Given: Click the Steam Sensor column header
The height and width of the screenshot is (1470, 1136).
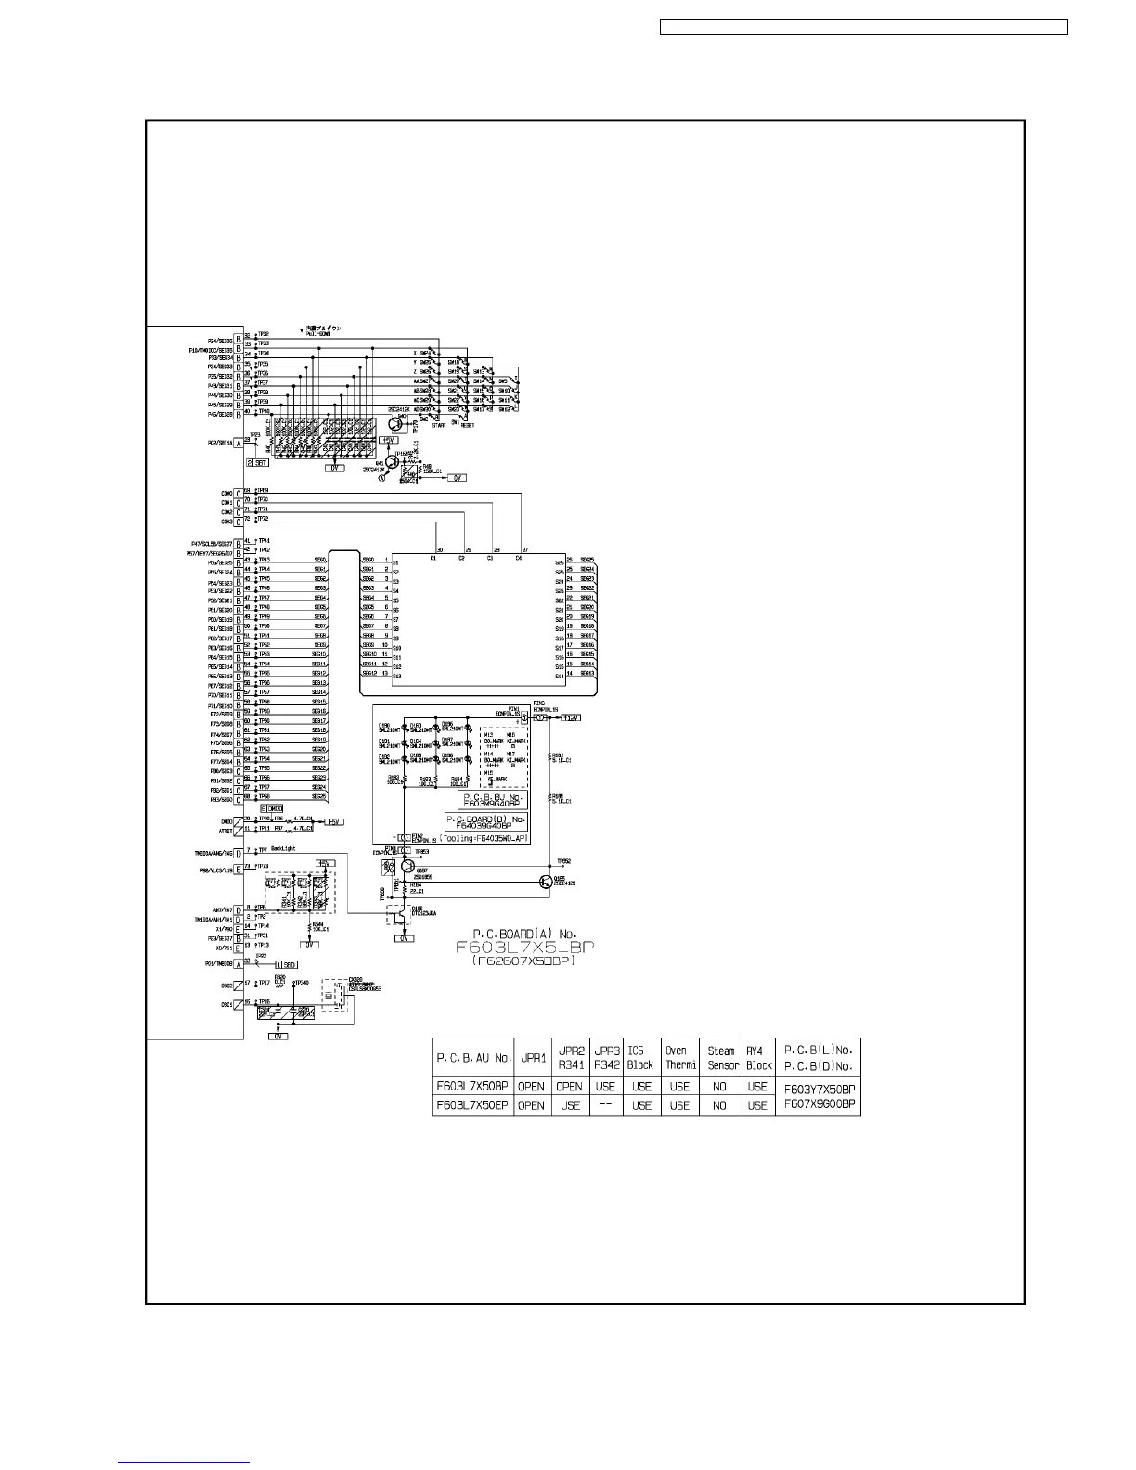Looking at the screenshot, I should [x=721, y=1058].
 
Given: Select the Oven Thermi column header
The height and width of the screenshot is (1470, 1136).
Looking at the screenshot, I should [x=680, y=1058].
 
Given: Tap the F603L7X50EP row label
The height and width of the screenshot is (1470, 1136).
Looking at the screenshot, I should [x=473, y=1105].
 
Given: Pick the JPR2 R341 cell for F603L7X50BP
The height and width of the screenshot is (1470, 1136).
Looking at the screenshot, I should [x=570, y=1086].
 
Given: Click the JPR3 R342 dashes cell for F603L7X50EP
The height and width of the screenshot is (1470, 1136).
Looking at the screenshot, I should [x=606, y=1105].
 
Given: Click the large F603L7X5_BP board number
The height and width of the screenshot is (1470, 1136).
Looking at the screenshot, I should [x=524, y=948].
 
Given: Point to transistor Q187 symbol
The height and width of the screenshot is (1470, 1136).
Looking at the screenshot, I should [x=408, y=866].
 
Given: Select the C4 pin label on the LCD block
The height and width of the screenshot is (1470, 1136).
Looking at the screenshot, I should [x=519, y=558].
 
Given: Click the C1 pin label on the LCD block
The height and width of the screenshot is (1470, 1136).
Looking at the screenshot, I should [x=432, y=558].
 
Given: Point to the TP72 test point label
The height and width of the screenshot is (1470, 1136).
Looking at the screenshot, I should [x=263, y=519].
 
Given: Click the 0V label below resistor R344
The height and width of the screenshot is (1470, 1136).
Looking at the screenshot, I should [x=311, y=944].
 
